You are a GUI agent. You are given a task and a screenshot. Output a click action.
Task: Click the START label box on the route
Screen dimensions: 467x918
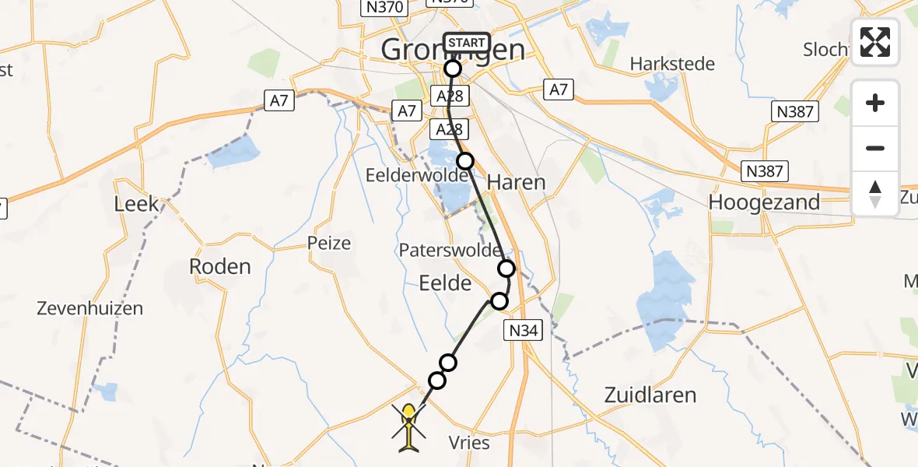[x=467, y=43]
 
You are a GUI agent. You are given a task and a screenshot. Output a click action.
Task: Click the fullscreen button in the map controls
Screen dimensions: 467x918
[x=875, y=42]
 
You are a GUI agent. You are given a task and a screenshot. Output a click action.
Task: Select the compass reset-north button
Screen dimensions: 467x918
[x=875, y=193]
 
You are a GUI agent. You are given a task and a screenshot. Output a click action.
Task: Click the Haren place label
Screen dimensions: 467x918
[x=516, y=183]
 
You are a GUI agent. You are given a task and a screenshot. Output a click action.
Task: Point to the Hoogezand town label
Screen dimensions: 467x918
[x=763, y=202]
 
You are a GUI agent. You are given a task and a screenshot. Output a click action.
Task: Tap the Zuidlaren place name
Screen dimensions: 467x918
[x=650, y=395]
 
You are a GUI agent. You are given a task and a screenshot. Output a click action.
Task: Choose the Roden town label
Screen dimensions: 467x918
[x=220, y=266]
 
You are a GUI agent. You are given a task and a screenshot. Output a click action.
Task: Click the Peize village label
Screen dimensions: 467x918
[x=329, y=243]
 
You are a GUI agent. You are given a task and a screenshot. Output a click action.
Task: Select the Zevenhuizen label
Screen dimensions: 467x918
[x=90, y=308]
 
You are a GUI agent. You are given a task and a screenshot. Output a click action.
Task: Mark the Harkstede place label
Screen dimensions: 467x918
[x=672, y=64]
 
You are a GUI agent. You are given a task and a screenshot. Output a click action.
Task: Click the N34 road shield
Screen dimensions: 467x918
[x=524, y=331]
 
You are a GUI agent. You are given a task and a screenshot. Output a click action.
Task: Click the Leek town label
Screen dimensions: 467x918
[x=136, y=204]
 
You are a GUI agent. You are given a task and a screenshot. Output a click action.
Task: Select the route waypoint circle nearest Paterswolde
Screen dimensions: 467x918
[x=506, y=269]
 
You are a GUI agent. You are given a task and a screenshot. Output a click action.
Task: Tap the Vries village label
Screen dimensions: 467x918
[x=469, y=442]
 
